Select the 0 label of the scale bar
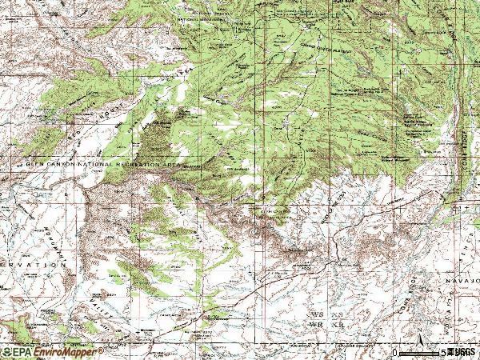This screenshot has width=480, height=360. tap(395, 352)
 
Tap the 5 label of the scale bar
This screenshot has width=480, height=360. tap(442, 352)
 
